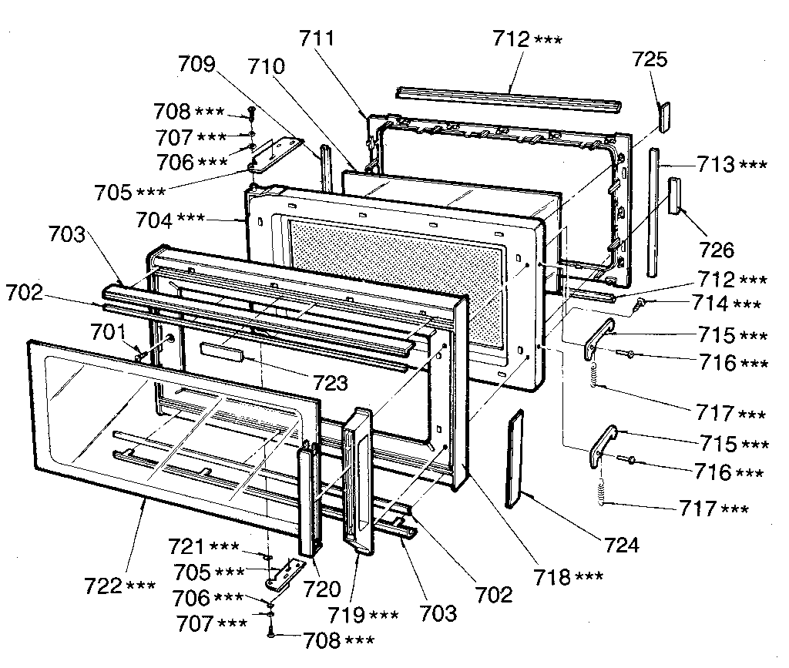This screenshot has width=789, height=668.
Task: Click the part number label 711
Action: [317, 38]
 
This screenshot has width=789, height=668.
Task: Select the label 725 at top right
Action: [650, 59]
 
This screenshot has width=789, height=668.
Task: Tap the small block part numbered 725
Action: [664, 113]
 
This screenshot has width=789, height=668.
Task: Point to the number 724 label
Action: [621, 545]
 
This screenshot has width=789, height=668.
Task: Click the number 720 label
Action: [321, 589]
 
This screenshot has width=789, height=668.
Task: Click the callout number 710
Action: [267, 66]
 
